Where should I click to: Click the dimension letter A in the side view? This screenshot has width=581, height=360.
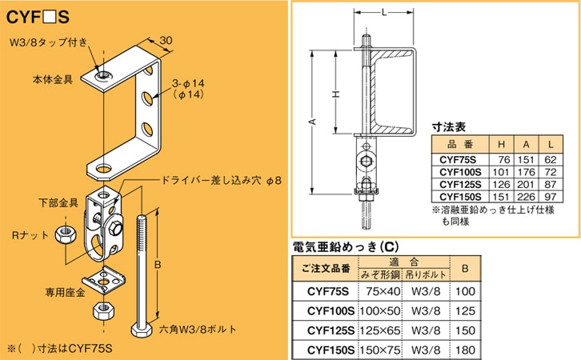[314, 122]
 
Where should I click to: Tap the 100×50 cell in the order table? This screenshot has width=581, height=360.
[380, 309]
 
